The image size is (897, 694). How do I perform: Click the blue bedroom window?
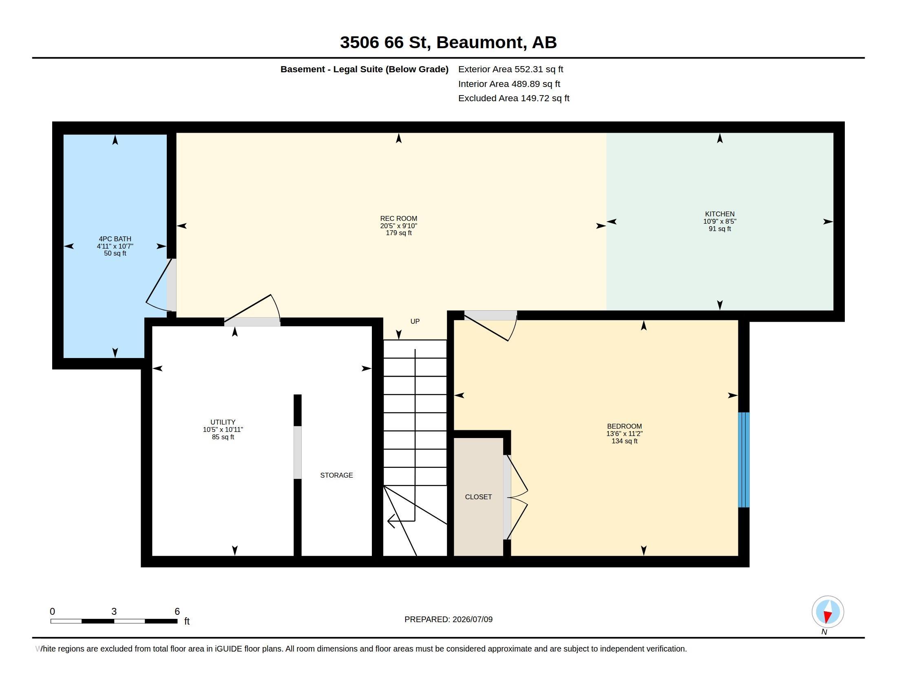[x=744, y=460]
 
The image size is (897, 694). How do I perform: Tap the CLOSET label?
[x=478, y=497]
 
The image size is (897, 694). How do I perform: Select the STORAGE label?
[x=336, y=475]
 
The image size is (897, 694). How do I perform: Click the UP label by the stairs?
[x=415, y=321]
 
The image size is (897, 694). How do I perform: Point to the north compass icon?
[x=828, y=612]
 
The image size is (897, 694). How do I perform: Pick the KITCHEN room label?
[x=720, y=214]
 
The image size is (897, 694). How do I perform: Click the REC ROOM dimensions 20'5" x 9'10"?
[x=398, y=226]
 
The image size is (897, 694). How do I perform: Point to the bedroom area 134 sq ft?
[x=624, y=441]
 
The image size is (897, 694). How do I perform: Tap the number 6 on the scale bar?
[x=177, y=612]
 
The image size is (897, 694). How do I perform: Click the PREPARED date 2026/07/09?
[x=472, y=619]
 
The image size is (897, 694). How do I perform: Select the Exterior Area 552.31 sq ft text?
[x=510, y=69]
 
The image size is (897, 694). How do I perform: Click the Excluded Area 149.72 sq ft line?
[x=513, y=98]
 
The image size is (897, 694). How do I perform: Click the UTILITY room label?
[x=223, y=422]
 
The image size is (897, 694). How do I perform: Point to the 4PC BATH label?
[x=115, y=239]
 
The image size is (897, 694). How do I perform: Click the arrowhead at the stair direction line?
[x=391, y=521]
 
